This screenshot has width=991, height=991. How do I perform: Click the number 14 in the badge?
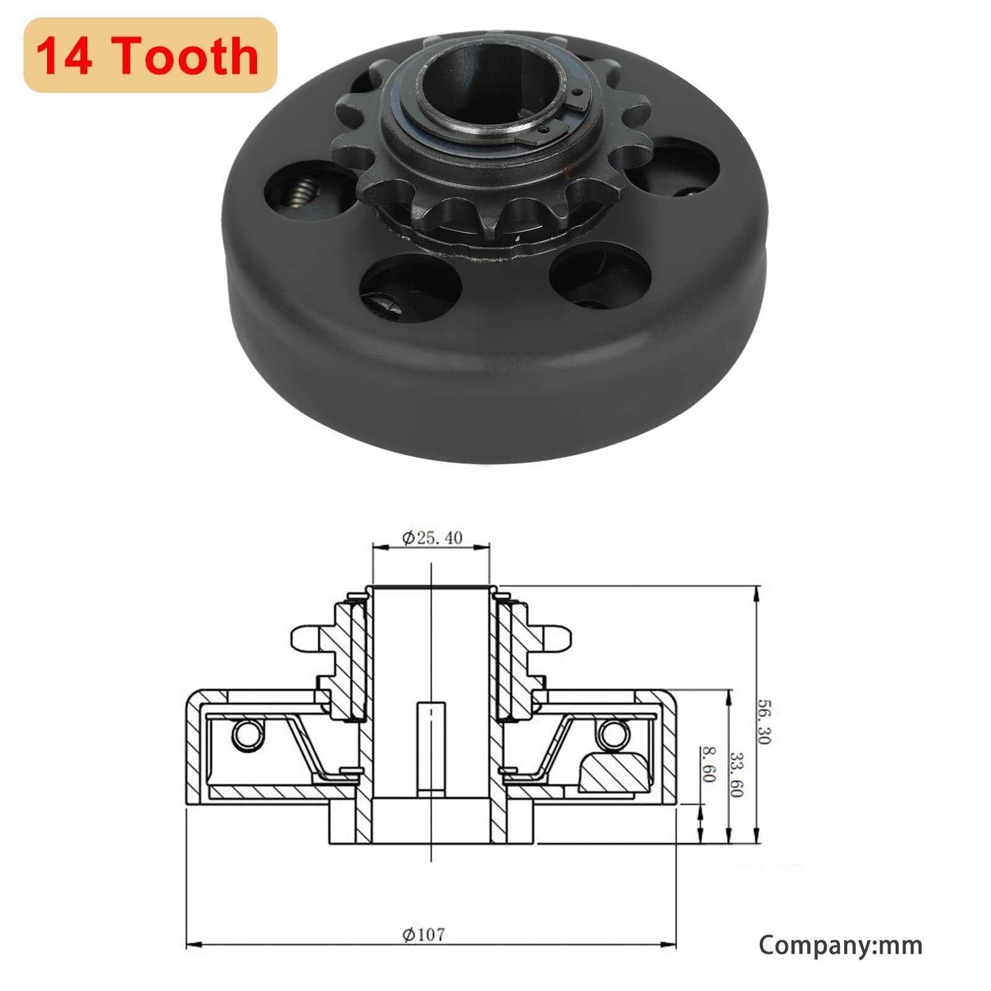(64, 56)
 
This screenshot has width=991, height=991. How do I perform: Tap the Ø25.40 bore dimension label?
(432, 538)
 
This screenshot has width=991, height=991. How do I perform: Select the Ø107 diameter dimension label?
(424, 934)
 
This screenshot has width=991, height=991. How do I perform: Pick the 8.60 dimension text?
(709, 764)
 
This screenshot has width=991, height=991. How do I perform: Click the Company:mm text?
(840, 945)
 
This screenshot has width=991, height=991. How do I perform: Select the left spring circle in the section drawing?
(246, 735)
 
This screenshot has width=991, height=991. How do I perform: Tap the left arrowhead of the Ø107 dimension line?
(194, 945)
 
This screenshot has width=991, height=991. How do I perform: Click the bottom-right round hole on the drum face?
(599, 274)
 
